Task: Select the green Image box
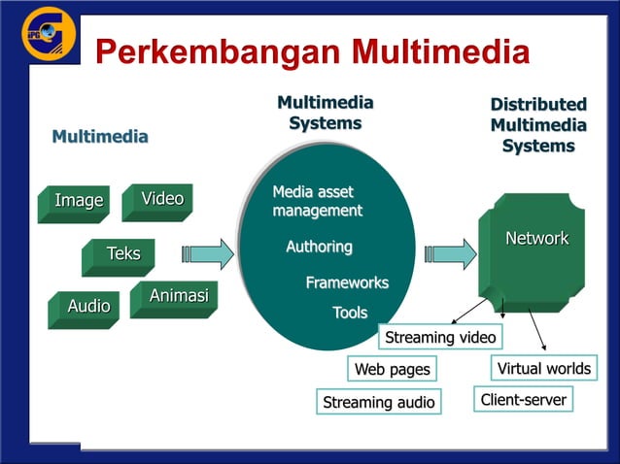pyautogui.click(x=77, y=202)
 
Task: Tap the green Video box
pyautogui.click(x=160, y=200)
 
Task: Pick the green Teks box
pyautogui.click(x=121, y=255)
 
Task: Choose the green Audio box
pyautogui.click(x=87, y=308)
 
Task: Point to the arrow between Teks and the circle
pyautogui.click(x=207, y=254)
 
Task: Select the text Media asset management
pyautogui.click(x=317, y=201)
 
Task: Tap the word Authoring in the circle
pyautogui.click(x=319, y=248)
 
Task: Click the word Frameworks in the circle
pyautogui.click(x=347, y=282)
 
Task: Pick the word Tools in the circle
pyautogui.click(x=350, y=313)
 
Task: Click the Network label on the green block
pyautogui.click(x=536, y=239)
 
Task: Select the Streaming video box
pyautogui.click(x=441, y=338)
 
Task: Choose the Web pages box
pyautogui.click(x=392, y=370)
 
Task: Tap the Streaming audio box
pyautogui.click(x=378, y=402)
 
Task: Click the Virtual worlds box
pyautogui.click(x=543, y=369)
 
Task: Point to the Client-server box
pyautogui.click(x=523, y=400)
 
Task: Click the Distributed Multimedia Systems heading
pyautogui.click(x=537, y=125)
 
